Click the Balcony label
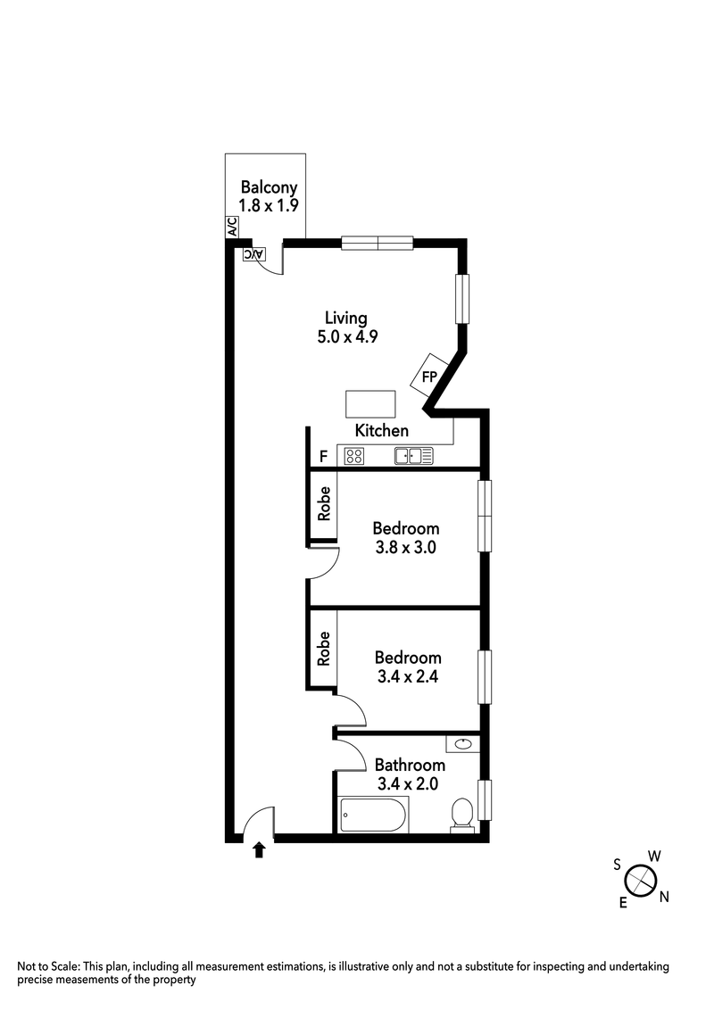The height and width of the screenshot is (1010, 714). (x=268, y=188)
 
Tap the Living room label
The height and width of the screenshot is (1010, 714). (x=345, y=318)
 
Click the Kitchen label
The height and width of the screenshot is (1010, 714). (x=382, y=431)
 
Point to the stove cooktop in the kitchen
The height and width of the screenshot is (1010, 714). (x=353, y=457)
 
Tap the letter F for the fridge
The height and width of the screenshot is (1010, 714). (x=323, y=457)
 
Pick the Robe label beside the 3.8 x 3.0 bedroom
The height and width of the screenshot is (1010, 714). (x=324, y=503)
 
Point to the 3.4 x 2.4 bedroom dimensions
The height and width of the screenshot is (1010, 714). (x=408, y=676)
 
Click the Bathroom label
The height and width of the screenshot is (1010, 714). (x=410, y=766)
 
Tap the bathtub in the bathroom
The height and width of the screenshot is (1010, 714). (x=373, y=815)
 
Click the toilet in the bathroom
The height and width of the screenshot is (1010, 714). (x=461, y=814)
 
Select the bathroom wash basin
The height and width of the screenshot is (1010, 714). (x=463, y=743)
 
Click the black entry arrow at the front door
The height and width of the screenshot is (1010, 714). (x=260, y=849)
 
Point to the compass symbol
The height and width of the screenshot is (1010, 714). (x=641, y=881)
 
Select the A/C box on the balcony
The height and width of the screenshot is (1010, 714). (x=232, y=228)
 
